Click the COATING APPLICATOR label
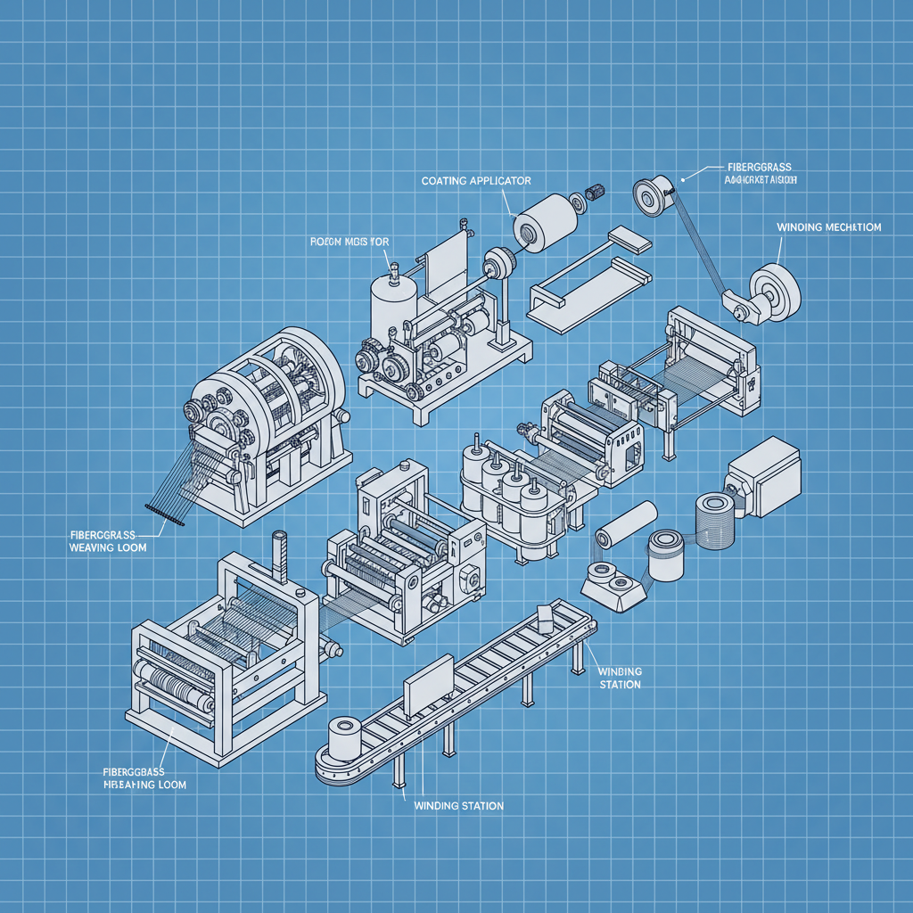(x=475, y=181)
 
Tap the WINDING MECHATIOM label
(x=829, y=227)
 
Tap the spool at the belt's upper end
(x=655, y=195)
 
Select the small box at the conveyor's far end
(x=546, y=616)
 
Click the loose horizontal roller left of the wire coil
(x=627, y=524)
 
